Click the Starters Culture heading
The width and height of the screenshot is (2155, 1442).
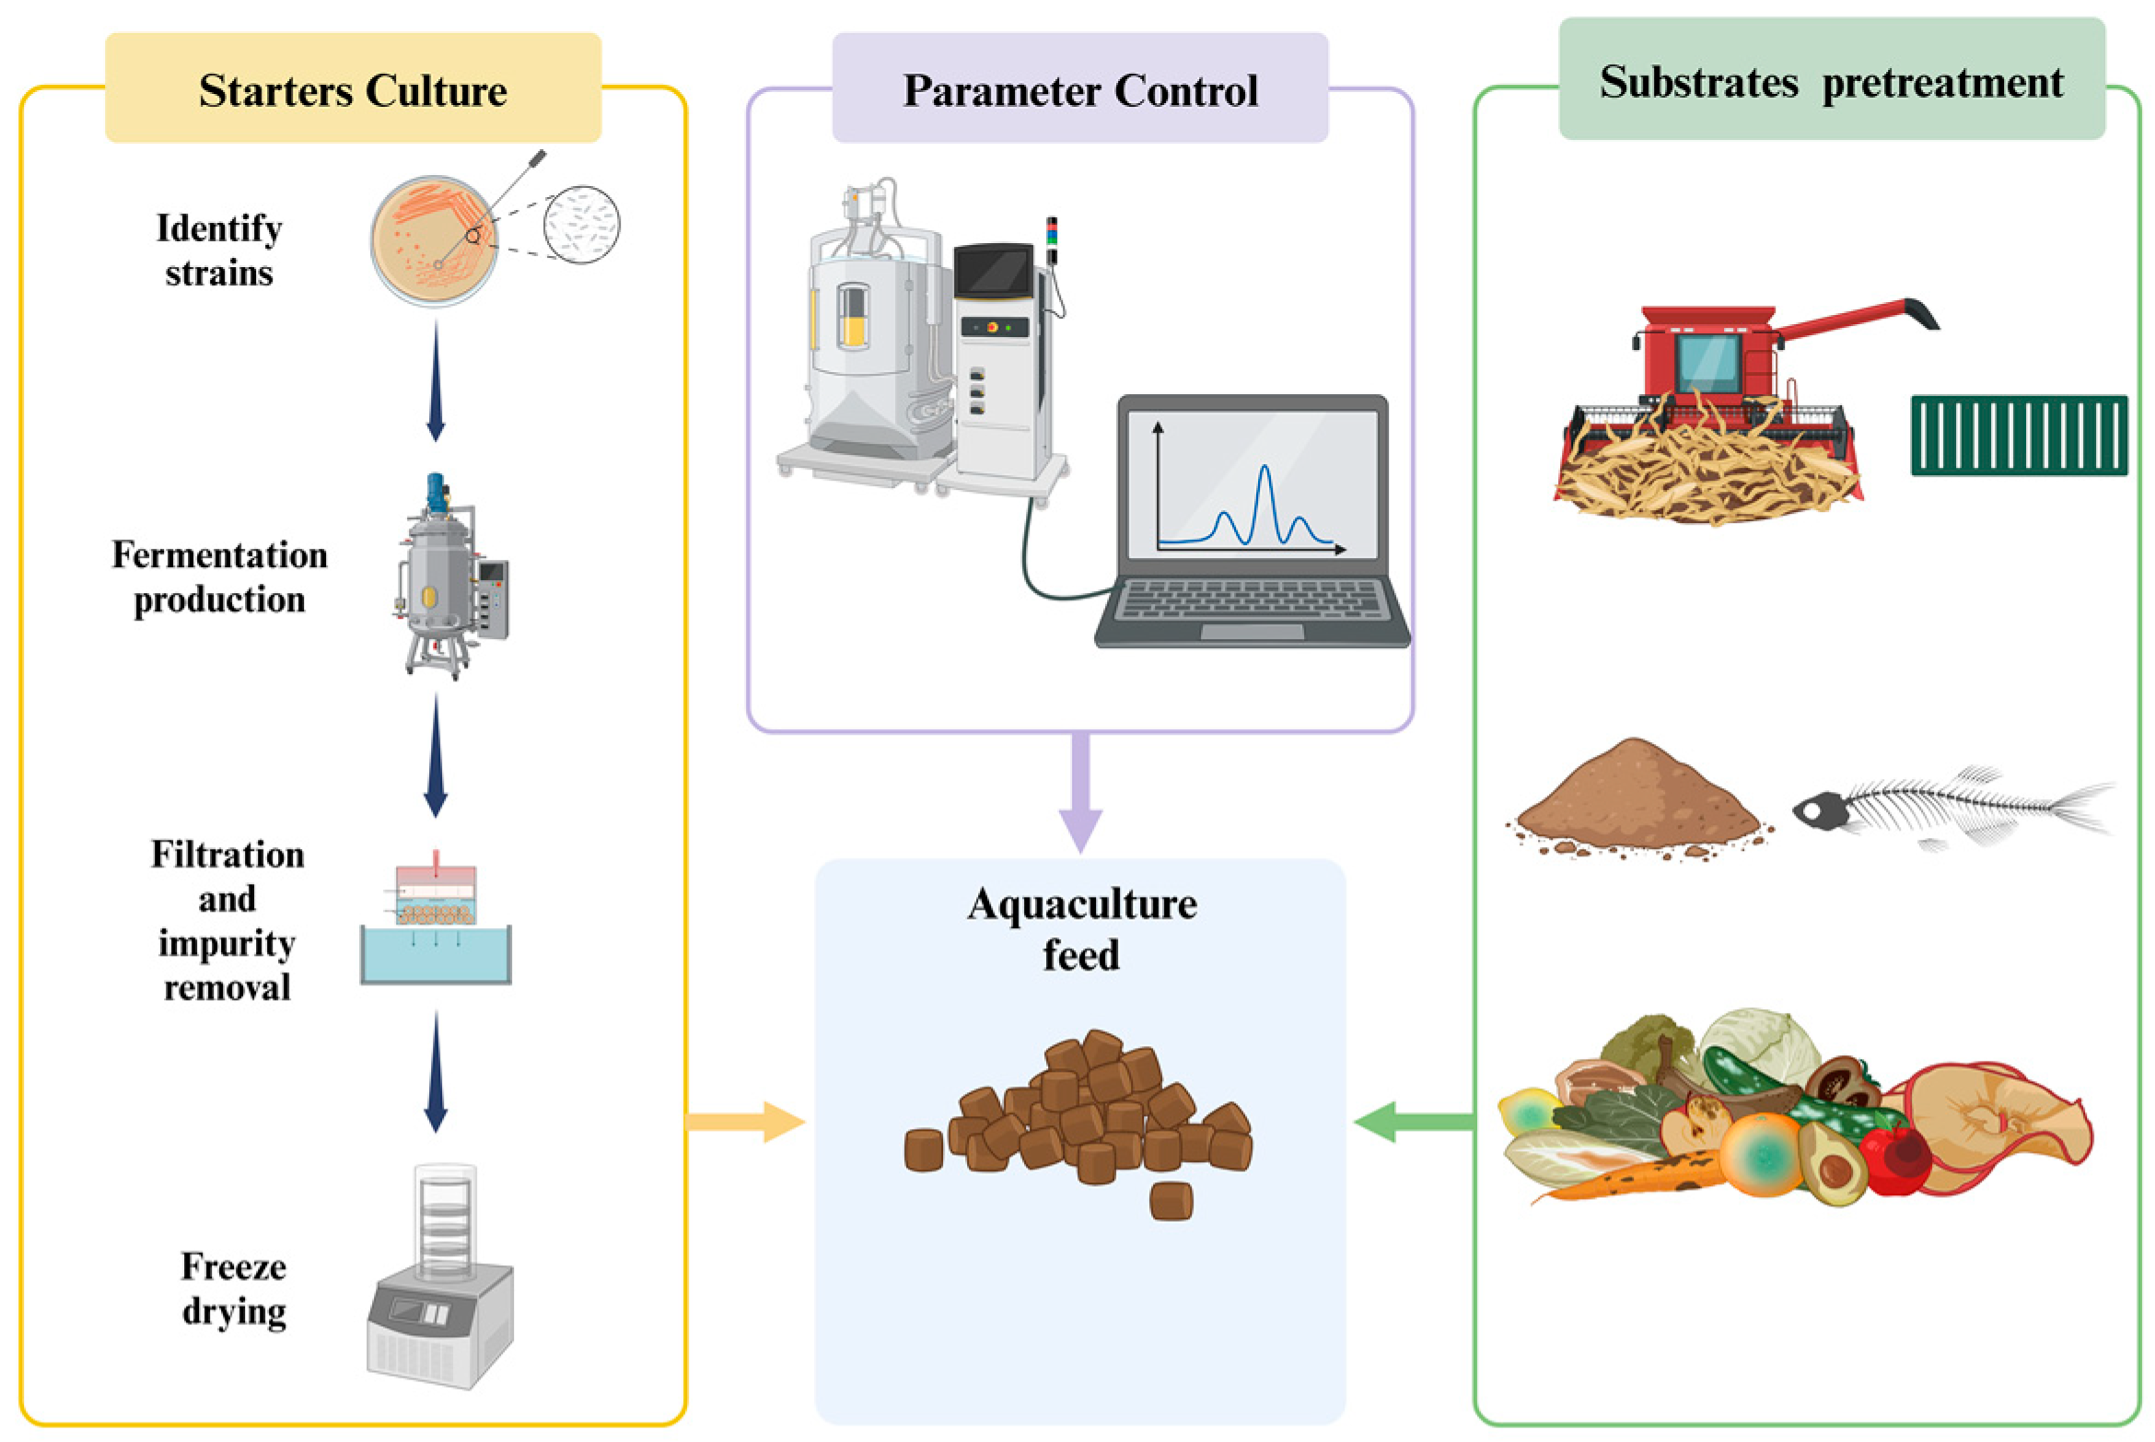coord(353,90)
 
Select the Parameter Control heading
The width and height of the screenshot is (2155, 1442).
coord(1079,90)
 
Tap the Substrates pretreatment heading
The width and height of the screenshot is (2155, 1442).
coord(1830,83)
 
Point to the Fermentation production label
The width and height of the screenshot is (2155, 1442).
coord(219,576)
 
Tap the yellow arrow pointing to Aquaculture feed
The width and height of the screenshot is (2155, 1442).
coord(746,1122)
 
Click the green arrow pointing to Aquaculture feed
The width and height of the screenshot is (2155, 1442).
coord(1414,1122)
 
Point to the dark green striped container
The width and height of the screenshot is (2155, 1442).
coord(2019,436)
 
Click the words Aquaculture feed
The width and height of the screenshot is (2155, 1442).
coord(1081,928)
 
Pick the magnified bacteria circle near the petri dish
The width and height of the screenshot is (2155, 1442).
coord(581,226)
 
